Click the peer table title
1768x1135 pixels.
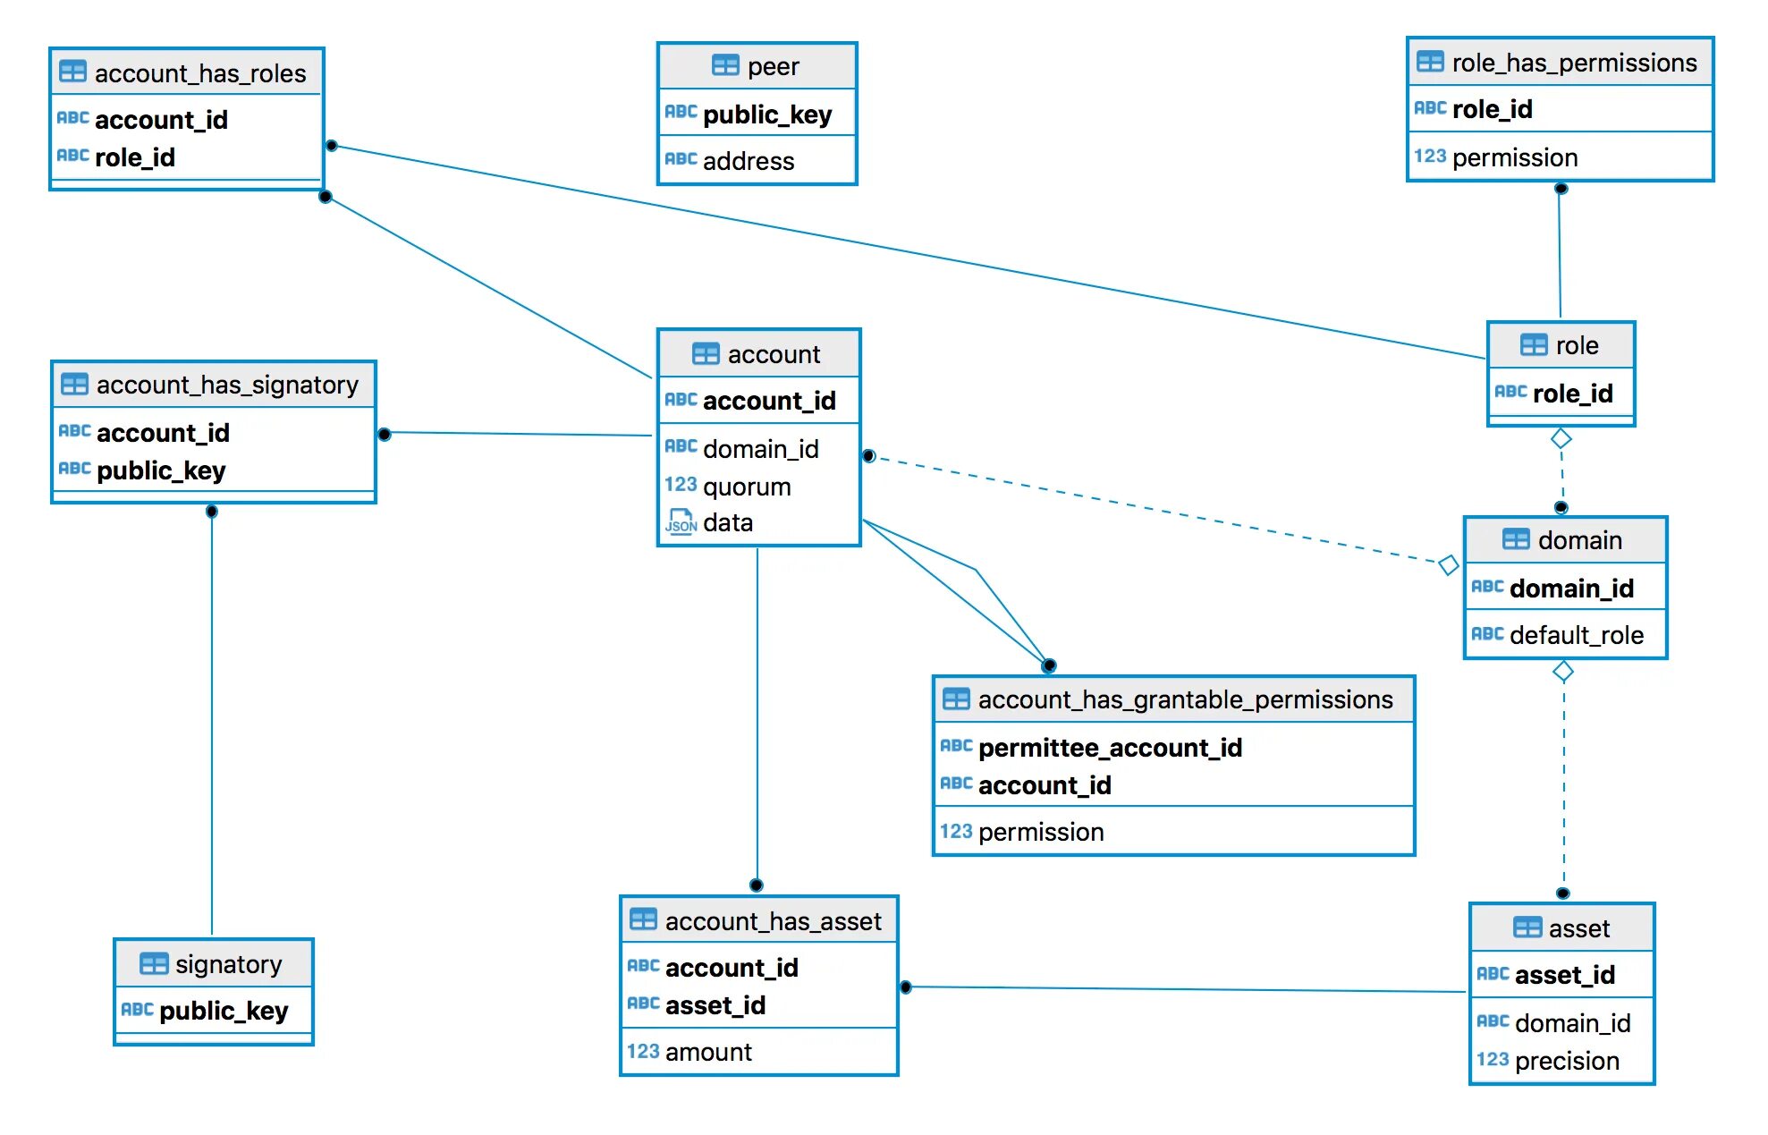tap(773, 66)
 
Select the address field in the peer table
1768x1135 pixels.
tap(749, 161)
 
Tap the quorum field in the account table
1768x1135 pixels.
tap(747, 487)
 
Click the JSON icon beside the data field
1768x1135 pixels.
tap(681, 521)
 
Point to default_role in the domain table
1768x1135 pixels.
tap(1577, 635)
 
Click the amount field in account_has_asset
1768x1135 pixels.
tap(708, 1052)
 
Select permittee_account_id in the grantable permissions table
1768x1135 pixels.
tap(1110, 748)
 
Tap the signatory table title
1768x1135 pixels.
tap(228, 964)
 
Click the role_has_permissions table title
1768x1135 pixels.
tap(1574, 63)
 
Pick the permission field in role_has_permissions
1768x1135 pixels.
tap(1515, 157)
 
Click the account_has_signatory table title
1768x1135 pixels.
tap(227, 385)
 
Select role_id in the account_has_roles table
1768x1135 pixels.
tap(135, 157)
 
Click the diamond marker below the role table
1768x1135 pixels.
tap(1561, 438)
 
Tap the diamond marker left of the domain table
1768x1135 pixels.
tap(1449, 565)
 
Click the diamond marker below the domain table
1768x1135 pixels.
tap(1563, 671)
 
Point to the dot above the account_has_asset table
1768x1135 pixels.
tap(757, 885)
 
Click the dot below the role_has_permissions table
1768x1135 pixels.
tap(1561, 189)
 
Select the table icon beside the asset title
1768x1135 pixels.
tap(1527, 927)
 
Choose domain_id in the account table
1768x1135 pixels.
tap(761, 449)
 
